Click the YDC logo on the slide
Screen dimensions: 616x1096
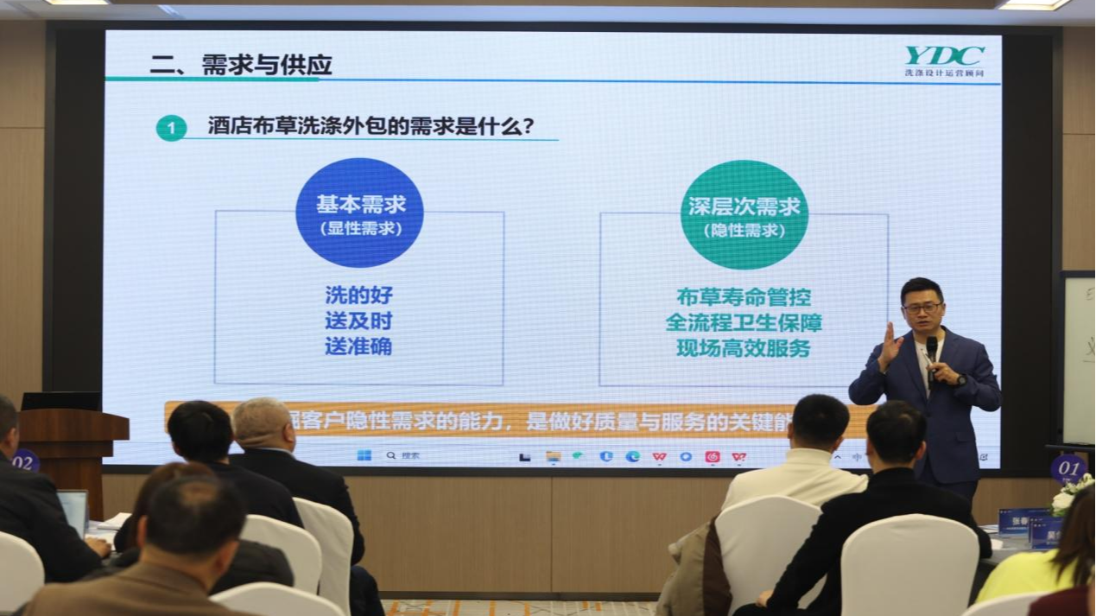click(x=944, y=57)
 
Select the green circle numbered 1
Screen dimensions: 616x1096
click(x=171, y=129)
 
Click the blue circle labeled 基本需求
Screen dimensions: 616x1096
click(x=359, y=213)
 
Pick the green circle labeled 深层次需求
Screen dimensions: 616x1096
click(x=744, y=214)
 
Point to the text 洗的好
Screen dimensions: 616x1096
click(x=358, y=295)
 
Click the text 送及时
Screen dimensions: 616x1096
click(x=358, y=321)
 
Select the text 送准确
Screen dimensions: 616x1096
click(x=358, y=347)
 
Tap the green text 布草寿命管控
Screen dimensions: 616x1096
click(x=744, y=297)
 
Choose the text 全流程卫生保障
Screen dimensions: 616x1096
click(x=744, y=323)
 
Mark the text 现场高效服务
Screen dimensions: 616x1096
click(x=744, y=349)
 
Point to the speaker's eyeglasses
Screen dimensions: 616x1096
click(x=922, y=308)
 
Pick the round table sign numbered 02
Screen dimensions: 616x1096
click(x=24, y=460)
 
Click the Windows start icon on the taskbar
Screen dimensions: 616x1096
click(x=364, y=455)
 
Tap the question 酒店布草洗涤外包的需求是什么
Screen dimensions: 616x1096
click(x=371, y=126)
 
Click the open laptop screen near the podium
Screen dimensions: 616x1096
click(x=73, y=510)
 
